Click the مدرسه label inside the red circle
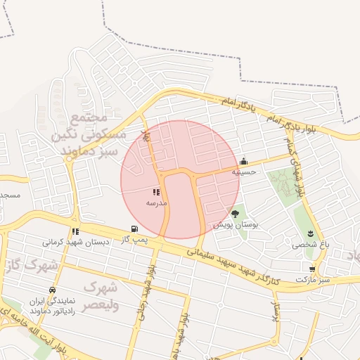click(156, 202)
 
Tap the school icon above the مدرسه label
click(156, 192)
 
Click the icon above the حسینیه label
click(244, 161)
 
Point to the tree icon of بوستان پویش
click(235, 214)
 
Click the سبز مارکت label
click(312, 279)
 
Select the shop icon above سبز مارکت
click(312, 269)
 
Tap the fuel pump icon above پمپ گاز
click(134, 229)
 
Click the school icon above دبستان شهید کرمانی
click(75, 231)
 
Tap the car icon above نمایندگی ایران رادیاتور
click(52, 290)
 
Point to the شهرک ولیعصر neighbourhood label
click(101, 296)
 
